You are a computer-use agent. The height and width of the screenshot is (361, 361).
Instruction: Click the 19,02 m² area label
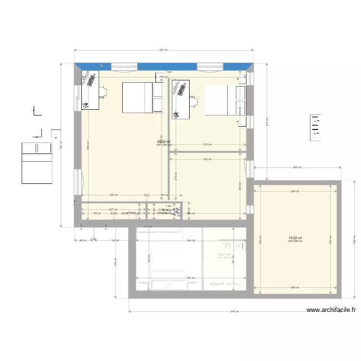(x=295, y=238)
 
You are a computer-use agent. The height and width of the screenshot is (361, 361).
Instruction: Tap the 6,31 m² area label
(x=224, y=255)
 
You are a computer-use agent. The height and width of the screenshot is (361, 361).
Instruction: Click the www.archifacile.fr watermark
(x=332, y=310)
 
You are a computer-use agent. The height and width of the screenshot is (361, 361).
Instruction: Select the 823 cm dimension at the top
(x=164, y=50)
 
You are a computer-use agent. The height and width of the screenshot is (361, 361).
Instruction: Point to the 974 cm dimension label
(x=232, y=311)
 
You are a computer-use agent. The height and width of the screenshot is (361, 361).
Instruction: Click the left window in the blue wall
(x=125, y=66)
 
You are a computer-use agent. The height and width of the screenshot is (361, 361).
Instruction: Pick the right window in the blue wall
(x=210, y=66)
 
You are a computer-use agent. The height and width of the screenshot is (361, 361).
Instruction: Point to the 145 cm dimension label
(x=97, y=213)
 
